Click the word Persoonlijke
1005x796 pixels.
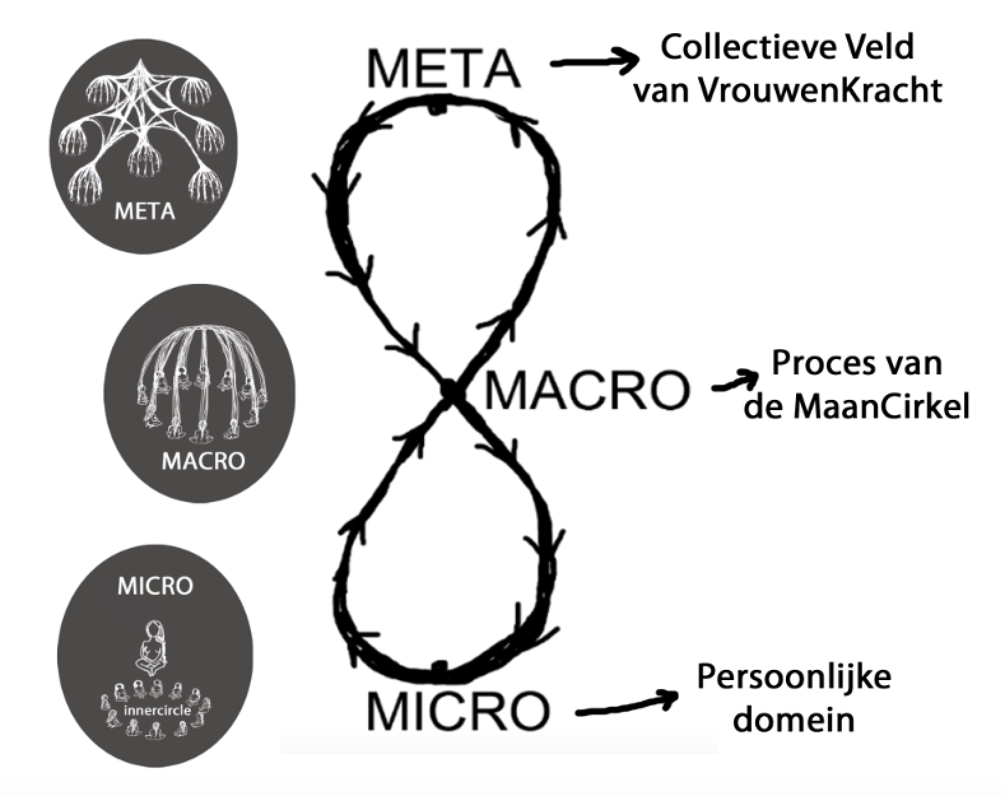pos(794,678)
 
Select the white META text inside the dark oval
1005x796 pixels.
pos(145,211)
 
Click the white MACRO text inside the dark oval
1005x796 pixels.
pos(203,460)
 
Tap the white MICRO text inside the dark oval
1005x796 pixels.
pos(155,586)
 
